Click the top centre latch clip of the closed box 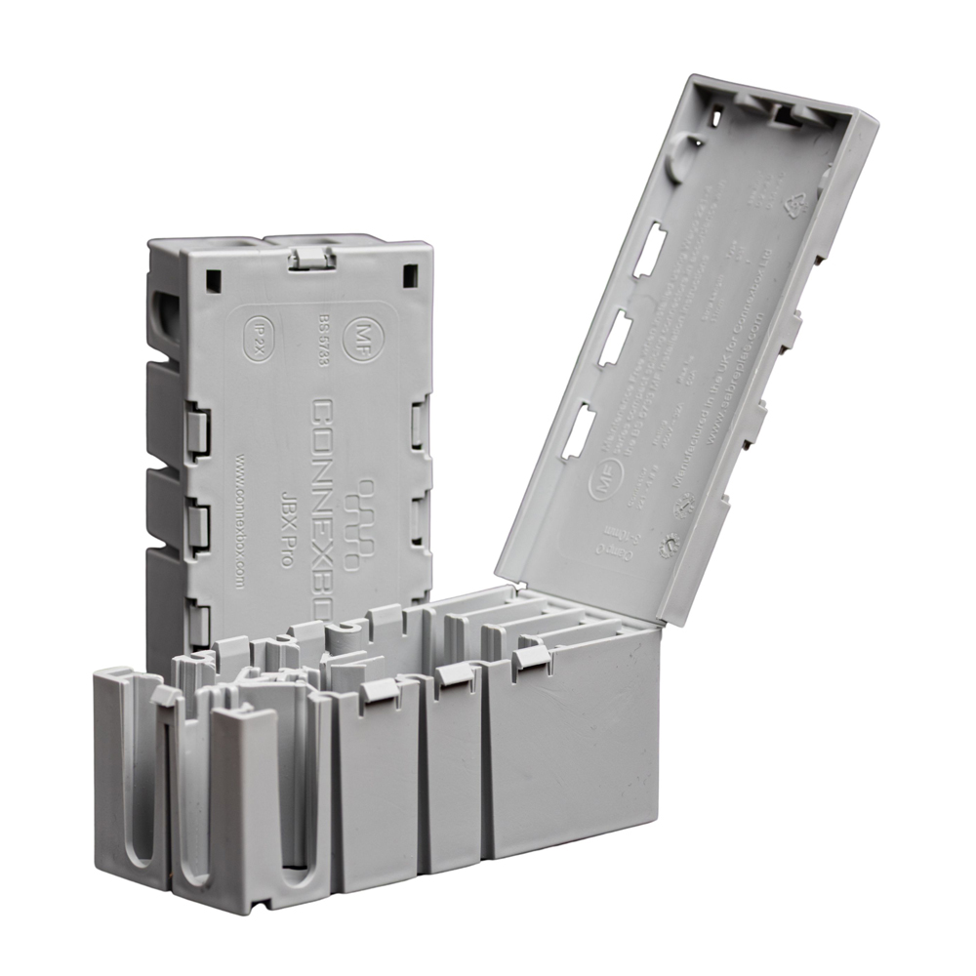(x=311, y=259)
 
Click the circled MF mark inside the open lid (x=601, y=484)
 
